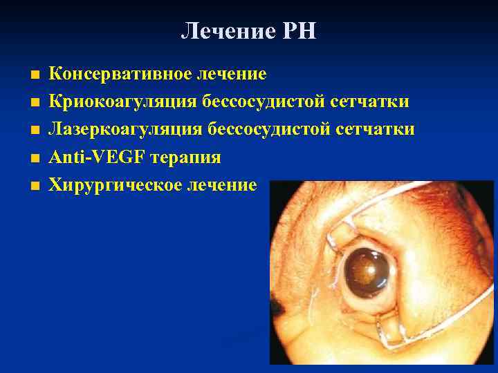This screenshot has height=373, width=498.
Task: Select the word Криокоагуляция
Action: tap(123, 102)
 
